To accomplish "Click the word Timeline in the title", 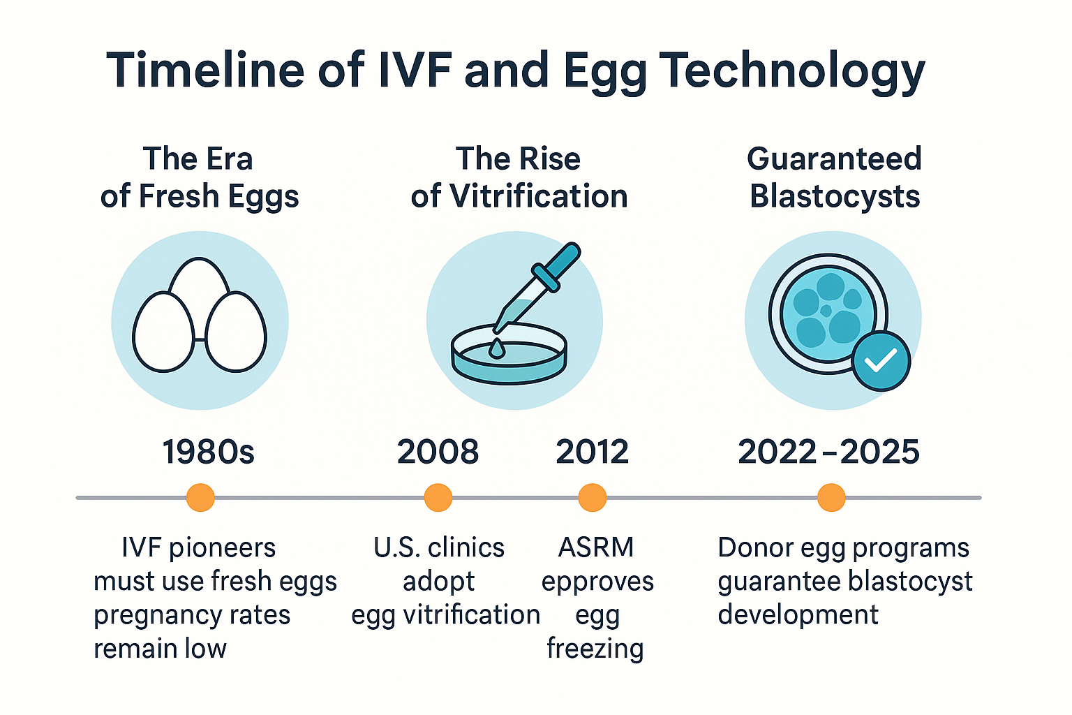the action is coord(205,71).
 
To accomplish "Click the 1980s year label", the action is coord(209,452).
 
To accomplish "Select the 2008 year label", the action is coord(438,452).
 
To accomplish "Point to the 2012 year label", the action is coord(593,452).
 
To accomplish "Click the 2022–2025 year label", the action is coord(829,452).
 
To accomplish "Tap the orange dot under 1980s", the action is coord(200,498).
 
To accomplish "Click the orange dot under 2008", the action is coord(438,498).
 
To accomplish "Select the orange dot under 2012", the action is coord(593,498).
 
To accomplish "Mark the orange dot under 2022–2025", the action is coord(831,498).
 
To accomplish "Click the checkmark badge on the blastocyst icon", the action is coord(881,361).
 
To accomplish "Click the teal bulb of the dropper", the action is coord(559,266).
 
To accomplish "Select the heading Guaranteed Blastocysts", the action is coord(835,177).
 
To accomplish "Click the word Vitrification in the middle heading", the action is coord(538,196).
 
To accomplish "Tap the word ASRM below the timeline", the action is coord(596,547).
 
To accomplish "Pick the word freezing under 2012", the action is coord(595,649).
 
